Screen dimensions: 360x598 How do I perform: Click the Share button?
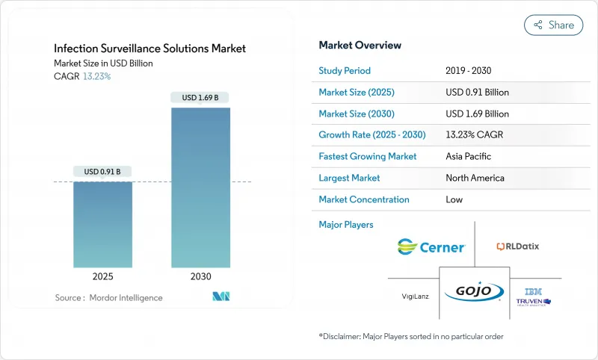click(x=553, y=25)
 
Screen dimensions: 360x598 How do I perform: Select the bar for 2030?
click(x=200, y=187)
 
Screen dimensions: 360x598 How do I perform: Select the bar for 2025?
click(x=102, y=224)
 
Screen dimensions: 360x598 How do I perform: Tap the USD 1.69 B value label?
click(x=200, y=97)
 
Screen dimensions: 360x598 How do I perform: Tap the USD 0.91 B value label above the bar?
click(x=102, y=171)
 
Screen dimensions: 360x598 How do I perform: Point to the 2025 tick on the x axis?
click(x=102, y=276)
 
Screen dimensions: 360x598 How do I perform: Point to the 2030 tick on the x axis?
click(x=200, y=276)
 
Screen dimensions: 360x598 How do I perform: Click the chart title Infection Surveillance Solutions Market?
click(x=149, y=49)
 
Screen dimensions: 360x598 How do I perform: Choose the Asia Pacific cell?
click(x=469, y=157)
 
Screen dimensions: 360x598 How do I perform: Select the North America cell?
click(x=475, y=178)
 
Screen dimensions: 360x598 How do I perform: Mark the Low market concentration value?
click(x=454, y=199)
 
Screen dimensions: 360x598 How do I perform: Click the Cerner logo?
click(x=431, y=246)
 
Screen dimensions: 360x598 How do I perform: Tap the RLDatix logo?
click(x=517, y=246)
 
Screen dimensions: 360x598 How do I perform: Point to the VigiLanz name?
click(x=416, y=296)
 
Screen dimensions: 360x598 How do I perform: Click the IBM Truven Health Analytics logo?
click(x=533, y=296)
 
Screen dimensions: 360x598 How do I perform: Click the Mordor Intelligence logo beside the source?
click(x=221, y=297)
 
